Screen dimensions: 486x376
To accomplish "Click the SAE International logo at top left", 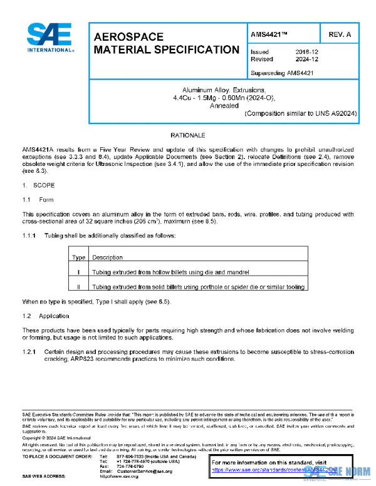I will pos(50,39).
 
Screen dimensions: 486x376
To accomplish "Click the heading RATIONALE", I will pos(188,135).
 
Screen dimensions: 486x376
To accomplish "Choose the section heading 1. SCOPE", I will pos(39,185).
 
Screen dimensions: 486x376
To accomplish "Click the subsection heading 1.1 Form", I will pos(38,200).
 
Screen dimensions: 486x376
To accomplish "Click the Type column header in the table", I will pos(79,257).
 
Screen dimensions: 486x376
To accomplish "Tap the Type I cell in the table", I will pos(79,272).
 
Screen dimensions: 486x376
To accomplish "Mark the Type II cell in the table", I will pos(79,287).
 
